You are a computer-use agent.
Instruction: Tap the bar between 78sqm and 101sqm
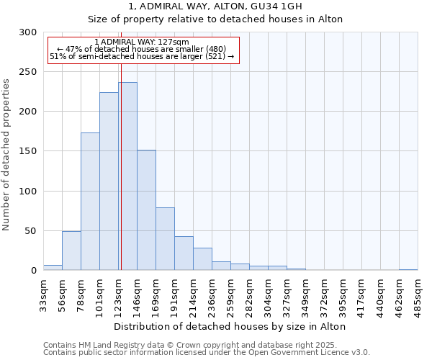click(90, 202)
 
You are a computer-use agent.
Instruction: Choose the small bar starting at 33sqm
click(53, 268)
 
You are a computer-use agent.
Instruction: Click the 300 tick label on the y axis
click(28, 32)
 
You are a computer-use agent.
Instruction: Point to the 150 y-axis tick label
click(28, 151)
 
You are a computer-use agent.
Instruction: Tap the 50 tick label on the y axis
click(31, 231)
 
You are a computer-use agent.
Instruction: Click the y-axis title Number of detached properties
click(6, 155)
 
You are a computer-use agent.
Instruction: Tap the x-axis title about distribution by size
click(230, 326)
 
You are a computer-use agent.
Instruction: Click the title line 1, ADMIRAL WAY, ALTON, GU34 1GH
click(215, 6)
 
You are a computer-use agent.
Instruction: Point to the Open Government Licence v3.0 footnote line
click(206, 353)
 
